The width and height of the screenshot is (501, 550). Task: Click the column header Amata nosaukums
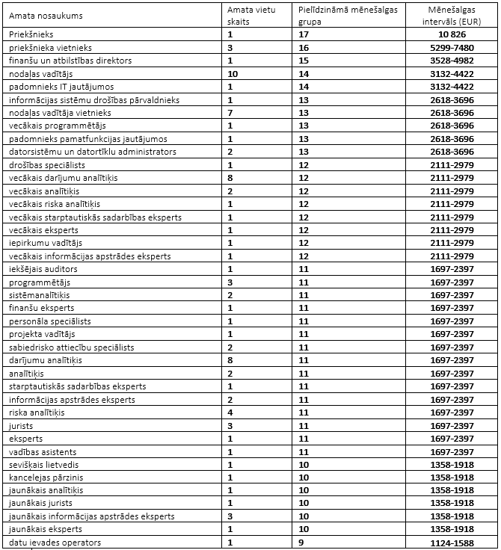click(46, 16)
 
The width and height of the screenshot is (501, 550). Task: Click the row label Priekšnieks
click(32, 34)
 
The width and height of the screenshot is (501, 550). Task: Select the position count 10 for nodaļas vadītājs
click(233, 73)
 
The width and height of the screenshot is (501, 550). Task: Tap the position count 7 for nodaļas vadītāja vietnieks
click(230, 112)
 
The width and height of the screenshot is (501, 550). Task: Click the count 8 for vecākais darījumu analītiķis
click(230, 177)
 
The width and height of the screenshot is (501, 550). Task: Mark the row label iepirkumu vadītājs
click(47, 243)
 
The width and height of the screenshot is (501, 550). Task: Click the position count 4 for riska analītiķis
click(230, 412)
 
